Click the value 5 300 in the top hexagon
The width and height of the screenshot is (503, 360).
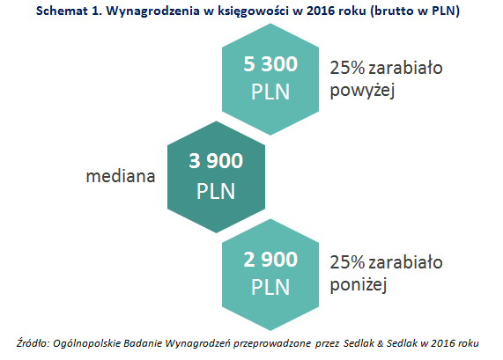pyautogui.click(x=270, y=63)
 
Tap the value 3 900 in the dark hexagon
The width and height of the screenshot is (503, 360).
pyautogui.click(x=216, y=161)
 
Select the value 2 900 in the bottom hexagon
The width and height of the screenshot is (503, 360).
pyautogui.click(x=270, y=260)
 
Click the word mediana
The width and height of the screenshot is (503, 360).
pyautogui.click(x=121, y=176)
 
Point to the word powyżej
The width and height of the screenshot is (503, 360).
pyautogui.click(x=362, y=90)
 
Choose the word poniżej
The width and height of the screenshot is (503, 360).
pyautogui.click(x=359, y=284)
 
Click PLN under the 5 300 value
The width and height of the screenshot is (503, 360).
pyautogui.click(x=270, y=92)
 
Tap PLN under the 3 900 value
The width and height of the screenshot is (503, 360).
pyautogui.click(x=216, y=191)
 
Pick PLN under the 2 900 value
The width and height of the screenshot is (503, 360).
pyautogui.click(x=270, y=287)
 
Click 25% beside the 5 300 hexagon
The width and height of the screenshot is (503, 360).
pyautogui.click(x=347, y=68)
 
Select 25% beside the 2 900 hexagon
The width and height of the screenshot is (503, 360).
pyautogui.click(x=347, y=262)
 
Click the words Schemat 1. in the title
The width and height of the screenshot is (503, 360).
pyautogui.click(x=70, y=11)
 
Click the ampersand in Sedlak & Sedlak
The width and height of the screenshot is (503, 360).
pyautogui.click(x=381, y=343)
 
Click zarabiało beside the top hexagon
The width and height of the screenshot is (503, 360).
pyautogui.click(x=406, y=68)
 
